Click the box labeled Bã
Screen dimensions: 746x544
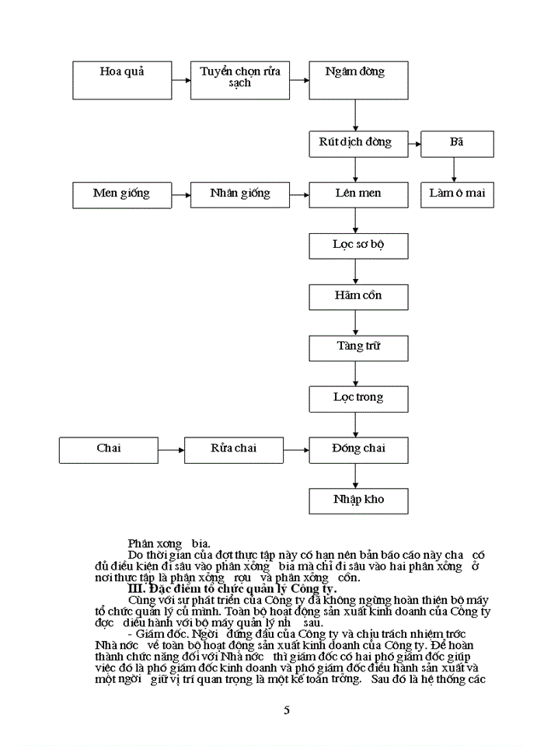coord(457,144)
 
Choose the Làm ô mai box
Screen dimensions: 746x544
coord(457,194)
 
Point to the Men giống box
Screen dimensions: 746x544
coord(121,194)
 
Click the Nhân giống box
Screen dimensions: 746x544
coord(240,194)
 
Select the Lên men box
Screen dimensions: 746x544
coord(358,194)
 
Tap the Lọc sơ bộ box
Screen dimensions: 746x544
coord(358,246)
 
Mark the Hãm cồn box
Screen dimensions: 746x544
coord(358,297)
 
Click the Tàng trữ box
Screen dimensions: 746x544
coord(358,347)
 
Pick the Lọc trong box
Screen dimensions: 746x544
coord(358,399)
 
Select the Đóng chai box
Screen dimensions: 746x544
coord(358,450)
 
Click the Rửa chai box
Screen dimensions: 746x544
coord(234,450)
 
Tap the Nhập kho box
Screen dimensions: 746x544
coord(358,500)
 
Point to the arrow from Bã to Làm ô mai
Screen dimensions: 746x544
coord(455,169)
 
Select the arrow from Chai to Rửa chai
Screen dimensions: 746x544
coord(171,450)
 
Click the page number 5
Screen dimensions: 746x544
coord(287,710)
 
